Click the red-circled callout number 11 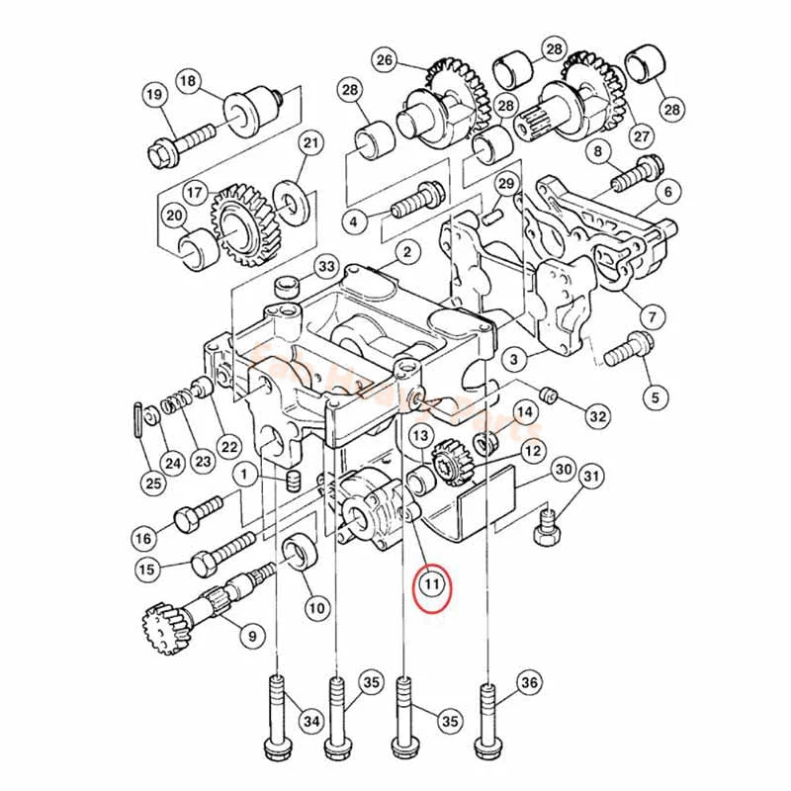(x=432, y=584)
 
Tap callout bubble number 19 (x=153, y=95)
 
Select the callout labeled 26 (x=385, y=60)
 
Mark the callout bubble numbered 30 (x=564, y=469)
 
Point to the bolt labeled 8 (x=633, y=175)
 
